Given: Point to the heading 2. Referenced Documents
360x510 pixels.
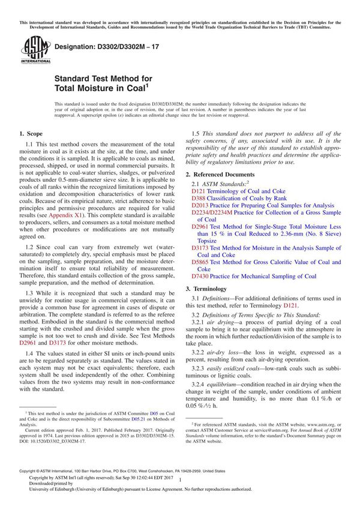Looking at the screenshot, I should pyautogui.click(x=226, y=173).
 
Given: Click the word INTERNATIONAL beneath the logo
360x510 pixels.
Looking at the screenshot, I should pyautogui.click(x=30, y=61).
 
